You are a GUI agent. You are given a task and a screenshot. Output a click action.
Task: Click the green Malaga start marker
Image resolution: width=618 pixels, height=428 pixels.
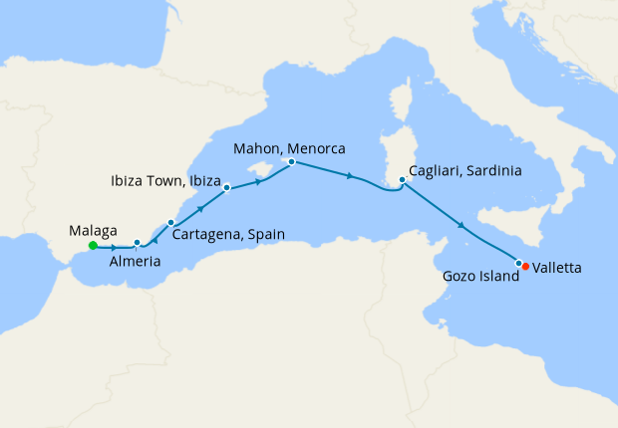[x=93, y=245]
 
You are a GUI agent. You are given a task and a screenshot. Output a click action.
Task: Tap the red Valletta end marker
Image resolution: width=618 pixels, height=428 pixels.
[x=525, y=266]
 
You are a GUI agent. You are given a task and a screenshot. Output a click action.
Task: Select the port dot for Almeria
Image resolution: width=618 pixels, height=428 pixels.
[x=137, y=242]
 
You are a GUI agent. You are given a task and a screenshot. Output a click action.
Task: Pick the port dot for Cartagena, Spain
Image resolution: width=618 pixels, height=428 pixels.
[x=170, y=222]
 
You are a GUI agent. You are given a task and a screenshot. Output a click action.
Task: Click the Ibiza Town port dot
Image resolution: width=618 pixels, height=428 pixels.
[x=226, y=187]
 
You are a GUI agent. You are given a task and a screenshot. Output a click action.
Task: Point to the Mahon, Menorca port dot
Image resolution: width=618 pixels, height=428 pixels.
[x=290, y=161]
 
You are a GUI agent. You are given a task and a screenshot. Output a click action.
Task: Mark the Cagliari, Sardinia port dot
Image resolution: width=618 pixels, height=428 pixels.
[x=402, y=180]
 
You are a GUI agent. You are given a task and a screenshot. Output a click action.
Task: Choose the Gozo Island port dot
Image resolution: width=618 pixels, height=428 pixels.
[x=517, y=262]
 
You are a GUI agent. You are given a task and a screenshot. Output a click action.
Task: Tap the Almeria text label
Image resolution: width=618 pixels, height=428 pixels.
[x=135, y=263]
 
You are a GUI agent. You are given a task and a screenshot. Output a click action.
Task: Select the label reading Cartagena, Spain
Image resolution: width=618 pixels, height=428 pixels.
[x=228, y=235]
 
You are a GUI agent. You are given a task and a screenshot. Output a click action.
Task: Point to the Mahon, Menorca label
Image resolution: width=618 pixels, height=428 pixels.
[x=289, y=148]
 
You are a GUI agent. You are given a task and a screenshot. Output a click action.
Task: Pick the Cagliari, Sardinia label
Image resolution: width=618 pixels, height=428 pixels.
[x=466, y=170]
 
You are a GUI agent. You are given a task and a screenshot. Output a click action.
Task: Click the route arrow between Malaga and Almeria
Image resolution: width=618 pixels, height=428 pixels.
[x=116, y=247]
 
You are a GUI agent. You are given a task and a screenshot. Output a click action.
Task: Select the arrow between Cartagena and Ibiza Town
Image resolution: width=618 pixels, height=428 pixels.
[x=201, y=208]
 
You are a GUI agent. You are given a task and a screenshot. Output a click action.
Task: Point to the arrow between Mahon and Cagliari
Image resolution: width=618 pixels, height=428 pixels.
[x=349, y=176]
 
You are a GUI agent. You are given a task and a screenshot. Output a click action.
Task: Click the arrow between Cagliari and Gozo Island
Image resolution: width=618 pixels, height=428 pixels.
[x=462, y=227]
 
